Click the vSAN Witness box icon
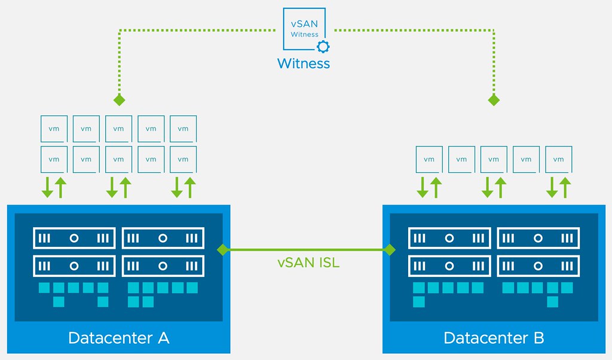click(304, 29)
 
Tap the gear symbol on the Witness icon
click(323, 47)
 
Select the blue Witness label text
click(304, 63)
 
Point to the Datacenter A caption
click(119, 338)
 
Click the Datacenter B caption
click(494, 338)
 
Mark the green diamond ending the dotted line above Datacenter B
click(494, 99)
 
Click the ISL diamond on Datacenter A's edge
click(223, 249)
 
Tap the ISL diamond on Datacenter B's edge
click(390, 249)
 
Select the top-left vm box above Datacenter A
click(54, 129)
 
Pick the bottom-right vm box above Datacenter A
click(183, 159)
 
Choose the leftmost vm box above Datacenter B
click(429, 159)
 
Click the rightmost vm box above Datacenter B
click(558, 159)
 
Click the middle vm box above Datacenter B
click(494, 159)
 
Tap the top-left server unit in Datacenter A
click(74, 238)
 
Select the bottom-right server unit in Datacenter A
click(163, 266)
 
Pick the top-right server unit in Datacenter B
click(538, 238)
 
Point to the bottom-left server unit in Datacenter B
click(449, 266)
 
